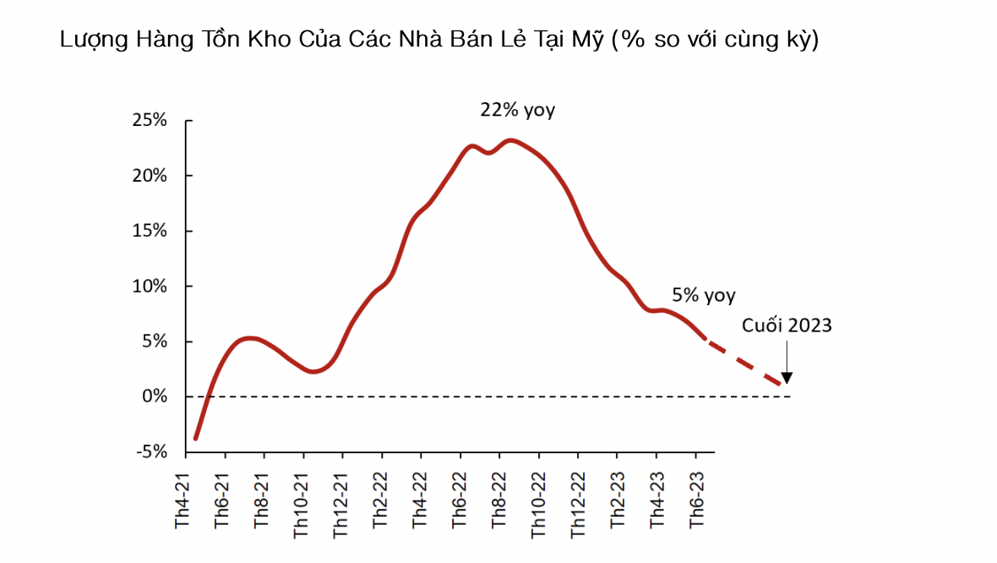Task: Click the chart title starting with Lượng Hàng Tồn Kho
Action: coord(439,40)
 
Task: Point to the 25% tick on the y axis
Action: coord(150,121)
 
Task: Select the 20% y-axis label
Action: coord(150,176)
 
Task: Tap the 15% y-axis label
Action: coord(150,231)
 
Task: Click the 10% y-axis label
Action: coord(150,287)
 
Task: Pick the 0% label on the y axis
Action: coord(154,396)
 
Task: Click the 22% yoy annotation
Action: coord(518,110)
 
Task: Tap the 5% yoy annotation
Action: coord(704,296)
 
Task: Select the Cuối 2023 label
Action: coord(787,325)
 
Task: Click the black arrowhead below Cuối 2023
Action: coord(787,378)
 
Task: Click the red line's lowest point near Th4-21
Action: coord(196,439)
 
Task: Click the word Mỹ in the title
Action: coord(591,40)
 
